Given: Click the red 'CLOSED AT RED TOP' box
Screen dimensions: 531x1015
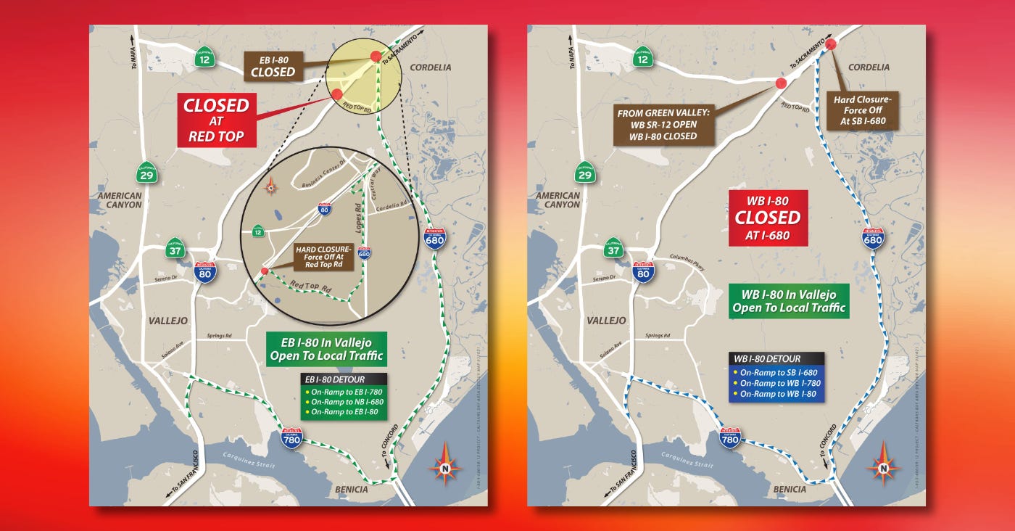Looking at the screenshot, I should tap(216, 120).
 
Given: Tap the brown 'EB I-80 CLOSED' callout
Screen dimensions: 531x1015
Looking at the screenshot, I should tap(273, 65).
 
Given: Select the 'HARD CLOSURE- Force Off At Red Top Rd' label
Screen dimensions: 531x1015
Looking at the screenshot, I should tap(323, 257).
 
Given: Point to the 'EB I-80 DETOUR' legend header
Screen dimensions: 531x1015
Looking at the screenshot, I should tap(344, 379).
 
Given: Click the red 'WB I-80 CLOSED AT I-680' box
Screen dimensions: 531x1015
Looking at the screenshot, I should tap(768, 218).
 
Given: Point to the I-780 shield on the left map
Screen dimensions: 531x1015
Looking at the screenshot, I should tap(292, 437).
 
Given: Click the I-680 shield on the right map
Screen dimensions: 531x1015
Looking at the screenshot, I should tap(873, 238).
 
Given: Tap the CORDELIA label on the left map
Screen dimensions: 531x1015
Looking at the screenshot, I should tap(431, 67).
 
